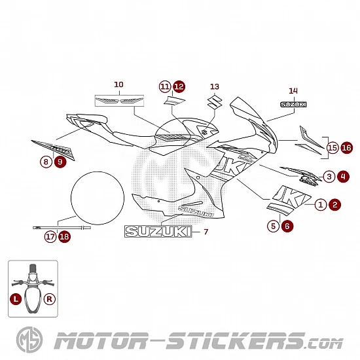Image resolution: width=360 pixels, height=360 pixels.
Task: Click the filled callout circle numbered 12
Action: click(179, 86)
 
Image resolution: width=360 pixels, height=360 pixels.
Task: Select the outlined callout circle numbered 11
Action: click(165, 86)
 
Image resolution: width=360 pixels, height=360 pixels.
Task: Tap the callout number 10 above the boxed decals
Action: click(118, 84)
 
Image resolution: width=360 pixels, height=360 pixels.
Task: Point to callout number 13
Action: click(215, 86)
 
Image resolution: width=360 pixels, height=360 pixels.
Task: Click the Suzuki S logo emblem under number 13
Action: click(215, 101)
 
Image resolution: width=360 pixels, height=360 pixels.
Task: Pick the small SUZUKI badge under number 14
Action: click(293, 105)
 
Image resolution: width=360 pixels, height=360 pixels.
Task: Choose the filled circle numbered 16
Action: click(347, 148)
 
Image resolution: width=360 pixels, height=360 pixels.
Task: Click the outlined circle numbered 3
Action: click(329, 177)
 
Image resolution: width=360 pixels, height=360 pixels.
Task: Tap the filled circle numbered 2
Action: click(335, 205)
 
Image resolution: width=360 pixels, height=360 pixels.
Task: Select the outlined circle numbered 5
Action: click(273, 226)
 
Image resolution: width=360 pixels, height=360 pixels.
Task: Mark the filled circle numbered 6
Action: click(287, 226)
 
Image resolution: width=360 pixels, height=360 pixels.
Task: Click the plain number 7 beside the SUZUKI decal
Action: click(206, 232)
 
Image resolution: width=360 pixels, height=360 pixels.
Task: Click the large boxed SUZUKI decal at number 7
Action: click(158, 232)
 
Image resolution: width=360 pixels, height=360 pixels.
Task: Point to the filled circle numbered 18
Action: click(65, 237)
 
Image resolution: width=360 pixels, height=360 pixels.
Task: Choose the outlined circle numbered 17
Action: click(50, 237)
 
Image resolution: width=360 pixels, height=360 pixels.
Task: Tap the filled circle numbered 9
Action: click(60, 162)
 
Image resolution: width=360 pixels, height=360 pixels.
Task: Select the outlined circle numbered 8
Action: click(46, 162)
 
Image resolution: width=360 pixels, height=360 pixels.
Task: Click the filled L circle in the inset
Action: click(16, 299)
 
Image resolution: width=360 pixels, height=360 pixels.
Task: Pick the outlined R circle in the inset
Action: click(49, 299)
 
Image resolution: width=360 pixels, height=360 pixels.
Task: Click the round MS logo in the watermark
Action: click(29, 340)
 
